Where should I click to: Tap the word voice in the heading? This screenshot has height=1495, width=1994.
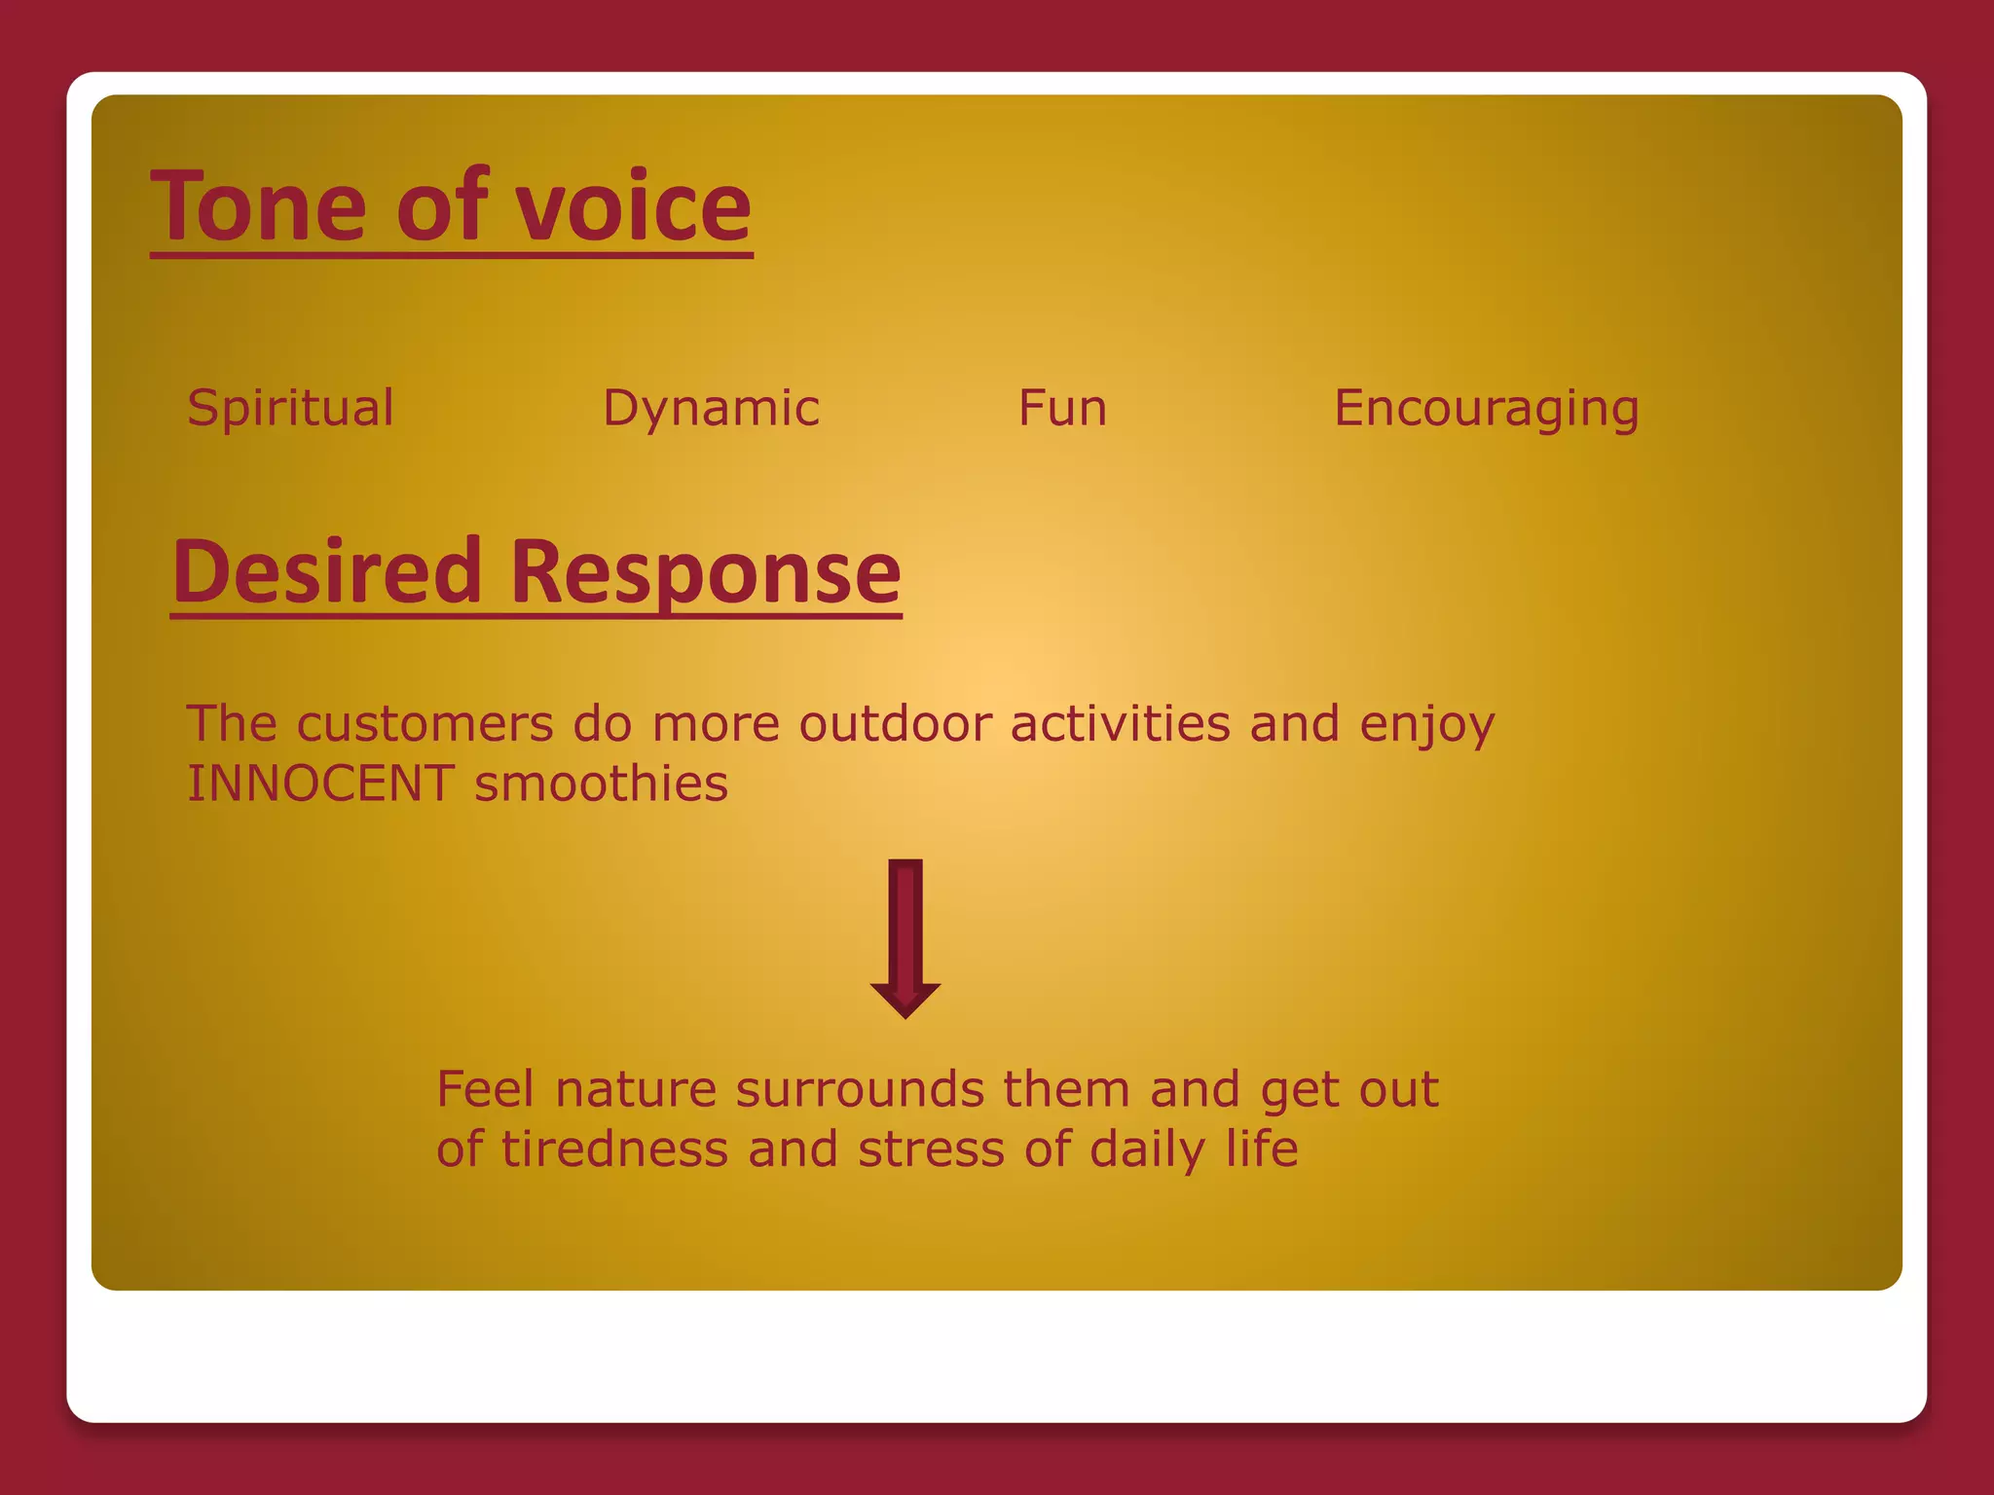point(633,206)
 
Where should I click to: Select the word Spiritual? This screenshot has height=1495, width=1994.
point(290,408)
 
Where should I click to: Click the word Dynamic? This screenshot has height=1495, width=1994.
point(711,408)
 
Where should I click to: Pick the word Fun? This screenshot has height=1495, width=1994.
point(1062,408)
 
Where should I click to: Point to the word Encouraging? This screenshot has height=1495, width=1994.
point(1486,408)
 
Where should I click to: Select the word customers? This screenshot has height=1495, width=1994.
point(425,724)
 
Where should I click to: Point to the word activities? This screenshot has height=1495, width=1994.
point(1121,724)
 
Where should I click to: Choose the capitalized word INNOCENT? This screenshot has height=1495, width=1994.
point(320,784)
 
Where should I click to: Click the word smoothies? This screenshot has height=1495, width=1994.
point(601,784)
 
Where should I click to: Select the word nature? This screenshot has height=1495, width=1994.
point(636,1089)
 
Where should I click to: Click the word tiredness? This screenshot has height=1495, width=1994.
point(614,1149)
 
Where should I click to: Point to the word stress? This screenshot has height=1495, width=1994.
point(931,1149)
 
